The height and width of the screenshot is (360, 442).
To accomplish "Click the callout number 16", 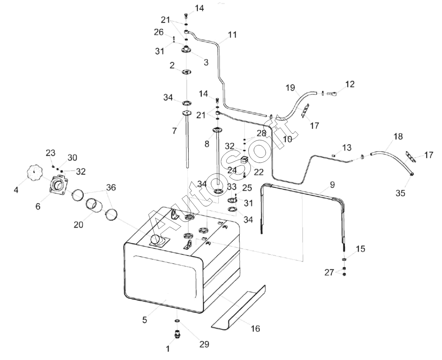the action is tap(255, 329).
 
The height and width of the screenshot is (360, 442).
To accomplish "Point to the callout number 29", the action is tap(204, 344).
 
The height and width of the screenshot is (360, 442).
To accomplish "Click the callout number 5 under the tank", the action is tap(144, 320).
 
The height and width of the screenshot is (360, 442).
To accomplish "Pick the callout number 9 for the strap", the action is tap(332, 185).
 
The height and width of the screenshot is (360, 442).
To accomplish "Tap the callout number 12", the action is tap(349, 84).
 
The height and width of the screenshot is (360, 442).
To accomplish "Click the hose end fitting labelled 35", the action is tap(412, 175).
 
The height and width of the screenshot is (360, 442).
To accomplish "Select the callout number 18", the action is tap(398, 136).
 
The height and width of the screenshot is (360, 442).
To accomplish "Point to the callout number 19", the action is tap(290, 88).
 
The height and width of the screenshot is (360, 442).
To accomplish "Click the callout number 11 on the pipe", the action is tap(233, 35).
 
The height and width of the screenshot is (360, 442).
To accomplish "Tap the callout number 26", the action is tap(159, 32).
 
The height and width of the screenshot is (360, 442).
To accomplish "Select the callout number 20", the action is tap(79, 225).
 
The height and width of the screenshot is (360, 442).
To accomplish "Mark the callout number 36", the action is tap(111, 187).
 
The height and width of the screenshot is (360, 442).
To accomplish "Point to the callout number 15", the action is tap(360, 249).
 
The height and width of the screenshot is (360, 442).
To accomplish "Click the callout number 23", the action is tap(51, 153).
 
